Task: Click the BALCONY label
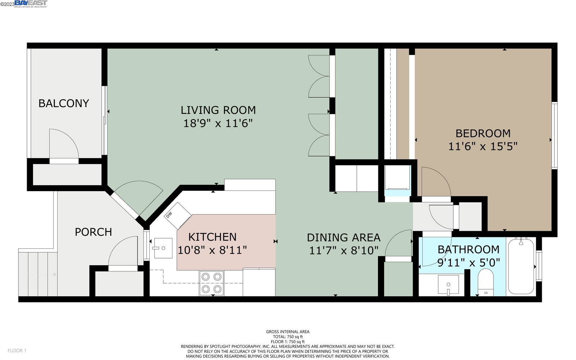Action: [x=64, y=103]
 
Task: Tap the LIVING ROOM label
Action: [x=218, y=110]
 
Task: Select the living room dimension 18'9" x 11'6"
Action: [x=218, y=123]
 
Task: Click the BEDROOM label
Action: [x=483, y=134]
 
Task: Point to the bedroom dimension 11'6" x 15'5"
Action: [x=483, y=147]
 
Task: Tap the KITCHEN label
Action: [x=212, y=237]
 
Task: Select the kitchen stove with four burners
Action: [x=211, y=283]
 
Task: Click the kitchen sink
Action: [x=163, y=248]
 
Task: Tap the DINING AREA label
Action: [x=343, y=238]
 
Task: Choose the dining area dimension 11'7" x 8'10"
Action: [x=343, y=251]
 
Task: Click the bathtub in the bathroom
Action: [x=521, y=266]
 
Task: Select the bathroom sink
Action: [x=448, y=285]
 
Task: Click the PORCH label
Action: [x=93, y=232]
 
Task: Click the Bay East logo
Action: [x=31, y=4]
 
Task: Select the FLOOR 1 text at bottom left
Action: [x=17, y=351]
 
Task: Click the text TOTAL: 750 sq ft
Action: [x=288, y=337]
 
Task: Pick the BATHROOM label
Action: [x=468, y=249]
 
